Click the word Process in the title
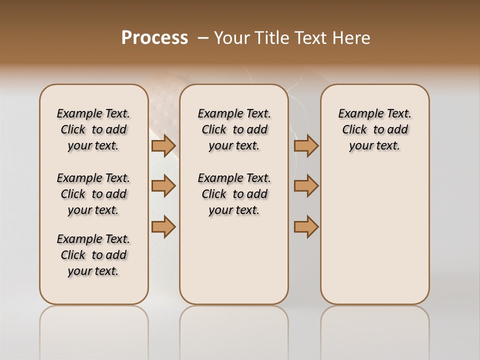pos(154,37)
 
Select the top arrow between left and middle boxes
pos(163,145)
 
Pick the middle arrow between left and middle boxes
pos(163,186)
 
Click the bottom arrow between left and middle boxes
pos(163,227)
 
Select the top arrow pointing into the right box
pos(306,145)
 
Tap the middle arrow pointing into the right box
pos(306,186)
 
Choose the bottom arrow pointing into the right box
pos(306,227)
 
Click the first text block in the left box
pos(93,129)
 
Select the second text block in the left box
pos(93,194)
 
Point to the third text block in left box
pos(93,255)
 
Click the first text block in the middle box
pos(234,129)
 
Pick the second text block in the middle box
pos(234,194)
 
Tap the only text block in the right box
pos(374,129)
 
